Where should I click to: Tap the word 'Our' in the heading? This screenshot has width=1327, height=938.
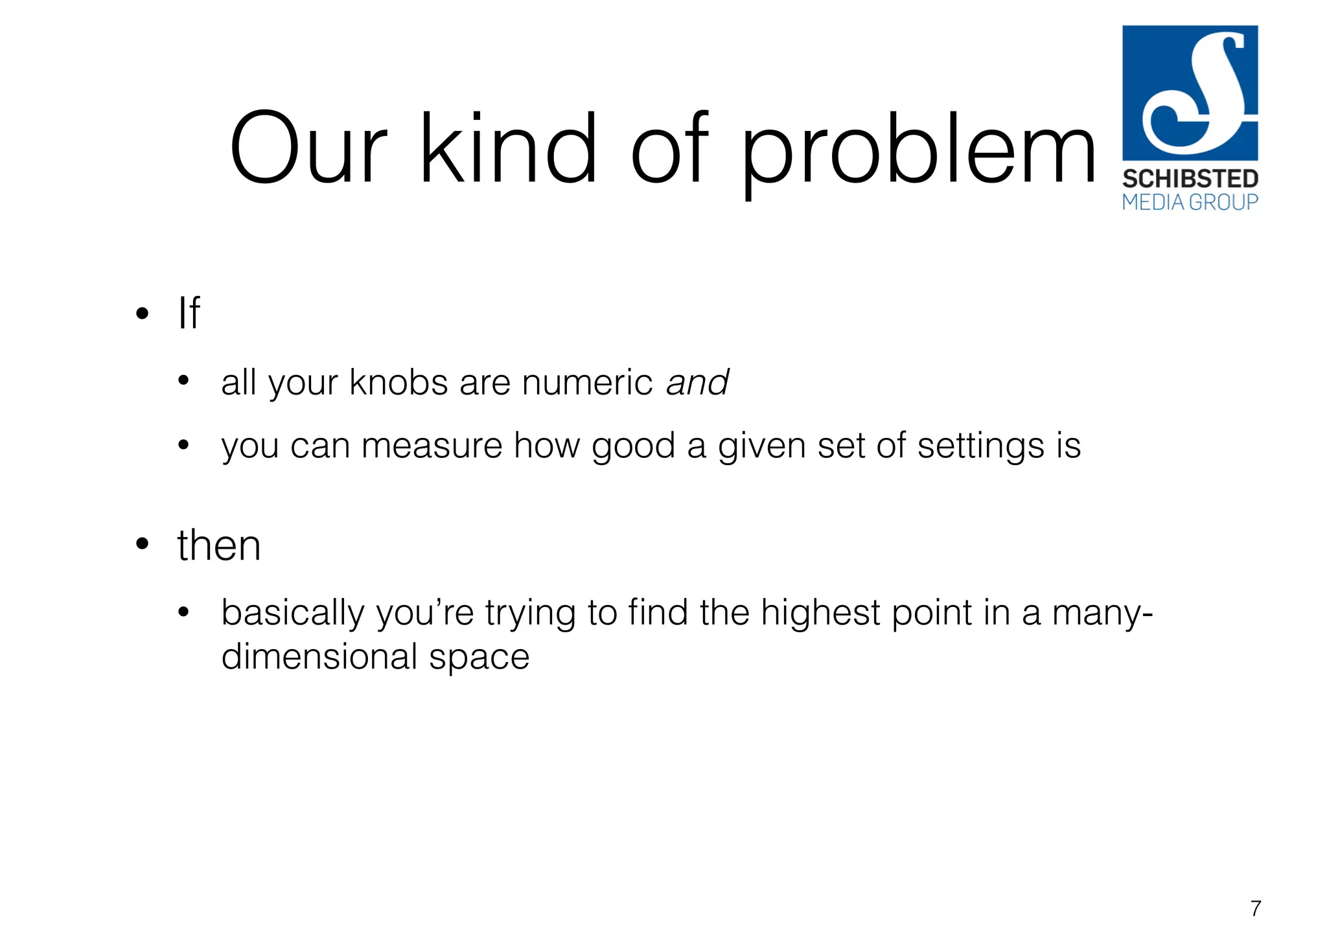pos(308,149)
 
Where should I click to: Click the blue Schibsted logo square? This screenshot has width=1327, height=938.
pos(1190,93)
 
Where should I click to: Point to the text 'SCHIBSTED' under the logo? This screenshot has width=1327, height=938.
pos(1190,179)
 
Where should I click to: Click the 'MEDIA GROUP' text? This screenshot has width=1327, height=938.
pos(1190,203)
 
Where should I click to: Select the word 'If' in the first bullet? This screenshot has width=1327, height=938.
pos(189,314)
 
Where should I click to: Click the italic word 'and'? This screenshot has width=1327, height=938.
pos(698,382)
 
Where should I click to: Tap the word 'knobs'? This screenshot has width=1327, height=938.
pos(398,382)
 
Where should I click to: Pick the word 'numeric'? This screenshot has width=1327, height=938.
pos(587,382)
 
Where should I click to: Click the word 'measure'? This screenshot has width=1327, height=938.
pos(432,446)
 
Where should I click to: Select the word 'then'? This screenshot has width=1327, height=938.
pos(219,545)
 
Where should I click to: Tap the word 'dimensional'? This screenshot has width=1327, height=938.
pos(319,657)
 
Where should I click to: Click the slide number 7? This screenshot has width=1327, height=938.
pos(1255,908)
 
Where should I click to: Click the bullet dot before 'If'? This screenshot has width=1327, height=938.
pos(143,314)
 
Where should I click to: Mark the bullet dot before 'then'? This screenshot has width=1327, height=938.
pos(143,544)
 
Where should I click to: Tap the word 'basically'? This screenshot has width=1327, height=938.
pos(293,613)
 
